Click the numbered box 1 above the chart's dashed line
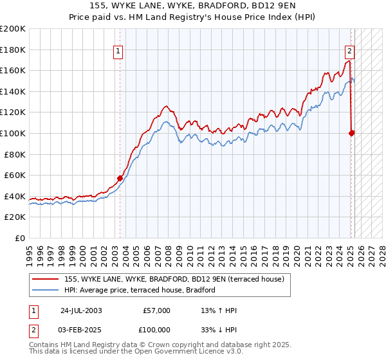[119, 53]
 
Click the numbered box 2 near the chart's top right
[349, 53]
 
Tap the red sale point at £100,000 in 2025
[352, 134]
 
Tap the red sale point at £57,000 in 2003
[120, 178]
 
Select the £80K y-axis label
[14, 154]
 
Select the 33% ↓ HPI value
[219, 329]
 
